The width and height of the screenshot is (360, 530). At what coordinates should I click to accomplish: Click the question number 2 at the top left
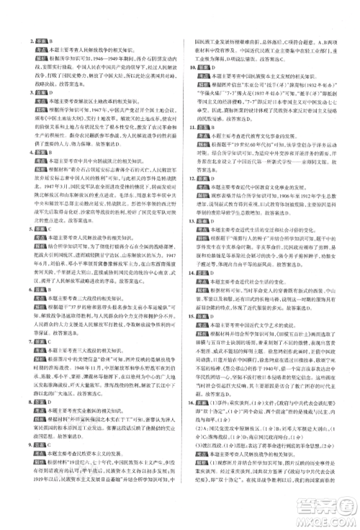coord(27,42)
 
